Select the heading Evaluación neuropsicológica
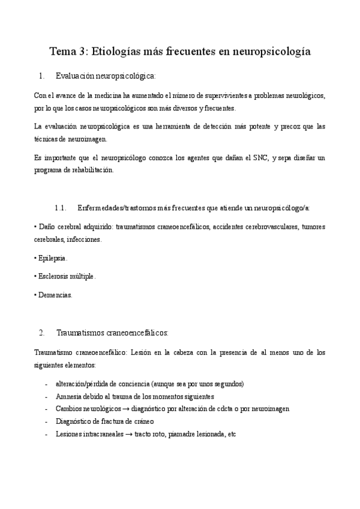(106, 76)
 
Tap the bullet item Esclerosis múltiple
(65, 276)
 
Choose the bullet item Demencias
(56, 295)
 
